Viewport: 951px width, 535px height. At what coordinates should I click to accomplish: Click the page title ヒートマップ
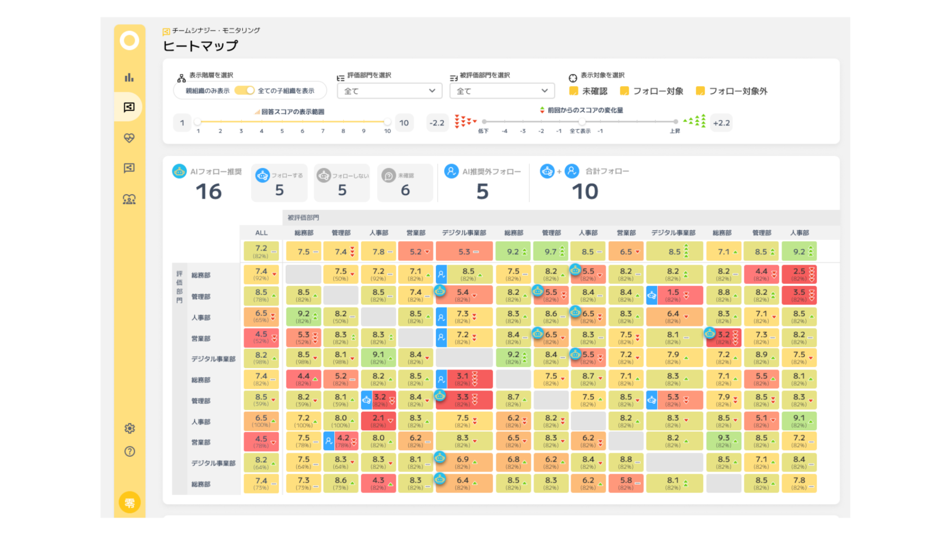[200, 46]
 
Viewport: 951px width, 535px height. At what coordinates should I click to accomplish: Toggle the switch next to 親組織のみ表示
[244, 90]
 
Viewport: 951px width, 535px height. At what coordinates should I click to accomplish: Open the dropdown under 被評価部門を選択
[502, 91]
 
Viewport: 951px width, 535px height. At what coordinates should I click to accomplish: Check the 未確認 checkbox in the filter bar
[573, 91]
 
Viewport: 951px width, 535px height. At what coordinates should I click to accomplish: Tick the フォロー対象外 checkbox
[700, 91]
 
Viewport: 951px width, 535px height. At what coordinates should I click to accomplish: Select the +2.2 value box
[721, 123]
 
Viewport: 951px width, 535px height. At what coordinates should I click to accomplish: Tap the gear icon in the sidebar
[129, 428]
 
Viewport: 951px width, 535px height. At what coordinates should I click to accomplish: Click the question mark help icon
[129, 451]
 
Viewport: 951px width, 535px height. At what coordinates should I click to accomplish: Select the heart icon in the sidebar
[129, 138]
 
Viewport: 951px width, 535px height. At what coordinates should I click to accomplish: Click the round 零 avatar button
[130, 503]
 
